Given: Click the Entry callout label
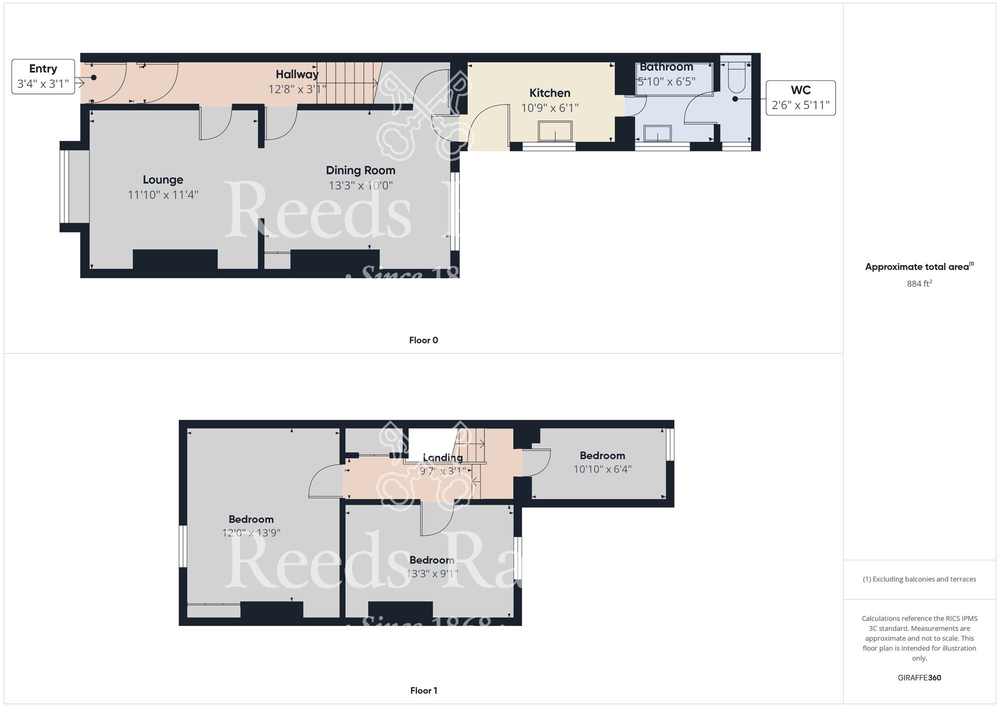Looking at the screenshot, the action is [43, 76].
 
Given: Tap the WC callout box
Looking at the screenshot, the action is [800, 98].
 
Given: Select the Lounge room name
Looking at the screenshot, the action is [163, 179].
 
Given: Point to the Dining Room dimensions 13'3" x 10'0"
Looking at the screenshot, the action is [360, 185].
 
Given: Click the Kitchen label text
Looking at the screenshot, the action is [549, 93].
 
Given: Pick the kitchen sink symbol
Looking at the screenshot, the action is [555, 131].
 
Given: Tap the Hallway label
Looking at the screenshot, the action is [297, 74].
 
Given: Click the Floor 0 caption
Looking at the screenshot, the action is [423, 340].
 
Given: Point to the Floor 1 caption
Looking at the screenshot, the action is [423, 691].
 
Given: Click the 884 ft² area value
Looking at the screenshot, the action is [919, 283].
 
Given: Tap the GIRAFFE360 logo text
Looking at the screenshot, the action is [919, 678].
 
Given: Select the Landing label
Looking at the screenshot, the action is [442, 457].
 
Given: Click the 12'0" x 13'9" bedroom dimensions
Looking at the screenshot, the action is [251, 533].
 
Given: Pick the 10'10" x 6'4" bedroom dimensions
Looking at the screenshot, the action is [602, 469].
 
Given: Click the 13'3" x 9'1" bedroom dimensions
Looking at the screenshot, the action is [432, 573].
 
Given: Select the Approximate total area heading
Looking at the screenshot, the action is [919, 266].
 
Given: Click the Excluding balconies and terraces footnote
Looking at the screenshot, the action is [919, 579].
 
